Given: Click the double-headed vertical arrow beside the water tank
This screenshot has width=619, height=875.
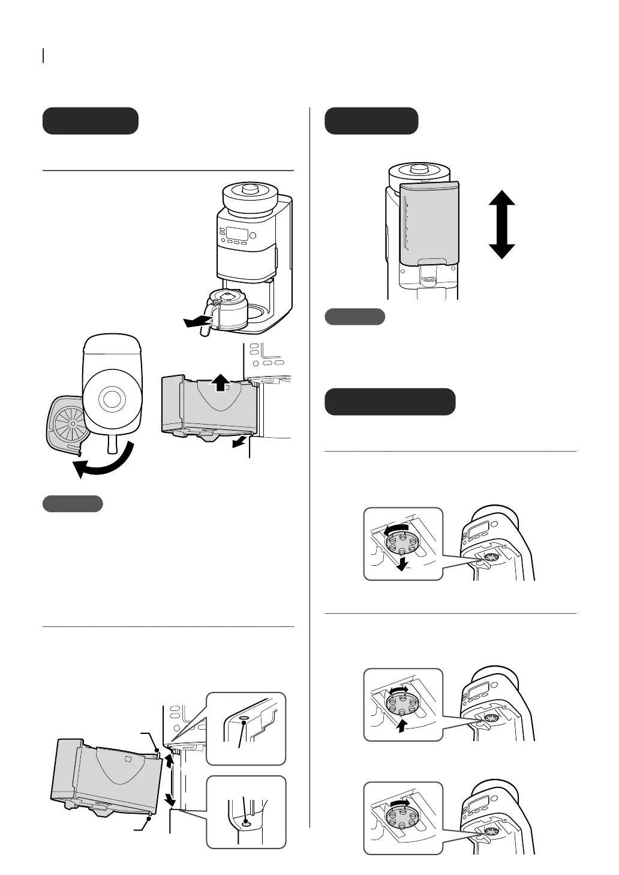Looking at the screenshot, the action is (502, 225).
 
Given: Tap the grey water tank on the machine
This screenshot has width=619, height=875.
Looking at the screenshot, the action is (429, 223).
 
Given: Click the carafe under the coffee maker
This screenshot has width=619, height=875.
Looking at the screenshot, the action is (228, 308).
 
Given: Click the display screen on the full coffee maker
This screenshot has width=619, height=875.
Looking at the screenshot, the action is (236, 234).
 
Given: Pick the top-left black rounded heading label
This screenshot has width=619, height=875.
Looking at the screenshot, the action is (91, 121).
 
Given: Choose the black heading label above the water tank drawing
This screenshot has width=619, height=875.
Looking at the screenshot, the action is (371, 121).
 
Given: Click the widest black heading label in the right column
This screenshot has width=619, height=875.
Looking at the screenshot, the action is (390, 402).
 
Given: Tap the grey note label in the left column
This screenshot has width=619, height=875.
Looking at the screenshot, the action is (73, 504).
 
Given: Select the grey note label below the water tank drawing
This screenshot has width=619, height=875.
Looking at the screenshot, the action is (354, 316).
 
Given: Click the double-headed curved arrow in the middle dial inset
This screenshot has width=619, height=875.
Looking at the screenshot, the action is (399, 691).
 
